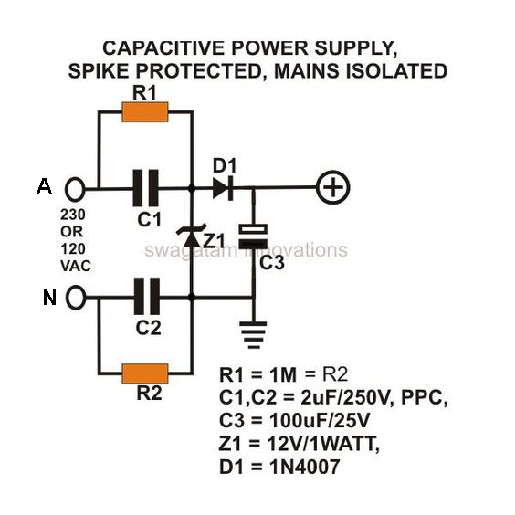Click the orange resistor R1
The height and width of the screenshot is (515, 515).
[x=145, y=112]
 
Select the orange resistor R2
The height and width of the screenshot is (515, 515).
[x=145, y=373]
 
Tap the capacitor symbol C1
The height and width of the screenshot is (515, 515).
[x=145, y=188]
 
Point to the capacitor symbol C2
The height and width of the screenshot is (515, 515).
[x=147, y=297]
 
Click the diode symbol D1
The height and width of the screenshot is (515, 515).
[x=223, y=188]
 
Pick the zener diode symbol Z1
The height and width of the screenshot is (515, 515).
[x=192, y=236]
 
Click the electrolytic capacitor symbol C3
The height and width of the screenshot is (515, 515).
[x=253, y=236]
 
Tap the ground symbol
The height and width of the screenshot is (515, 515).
[x=253, y=335]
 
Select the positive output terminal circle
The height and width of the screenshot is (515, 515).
[x=333, y=187]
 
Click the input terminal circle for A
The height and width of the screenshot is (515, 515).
[x=75, y=189]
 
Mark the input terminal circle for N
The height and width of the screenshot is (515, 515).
[x=76, y=298]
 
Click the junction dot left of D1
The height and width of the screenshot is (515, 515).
[x=192, y=189]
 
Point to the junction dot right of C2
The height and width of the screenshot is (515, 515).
[x=192, y=298]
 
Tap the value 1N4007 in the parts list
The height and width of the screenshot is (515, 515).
[x=305, y=467]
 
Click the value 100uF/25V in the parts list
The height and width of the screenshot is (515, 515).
[x=320, y=420]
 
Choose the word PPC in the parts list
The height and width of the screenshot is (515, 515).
[x=422, y=397]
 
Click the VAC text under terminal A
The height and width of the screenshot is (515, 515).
[x=76, y=266]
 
